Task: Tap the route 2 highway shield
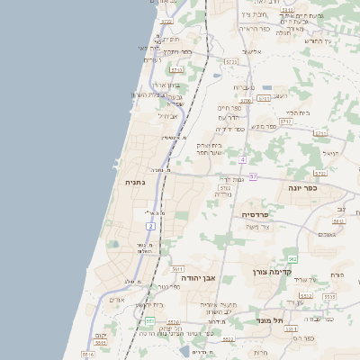point(150,225)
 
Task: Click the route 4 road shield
point(242,159)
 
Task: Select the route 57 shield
point(254,176)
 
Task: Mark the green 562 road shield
point(292,259)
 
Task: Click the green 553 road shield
point(149,321)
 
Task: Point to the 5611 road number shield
point(177,268)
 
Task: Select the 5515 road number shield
point(305,295)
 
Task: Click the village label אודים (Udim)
point(117,299)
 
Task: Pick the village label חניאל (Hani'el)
point(330,153)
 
